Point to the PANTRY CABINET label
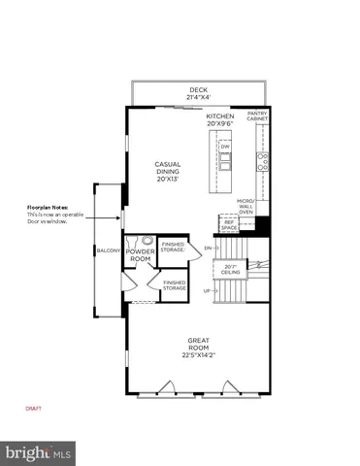point(257,116)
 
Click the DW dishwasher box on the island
point(225,148)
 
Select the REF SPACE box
point(229,224)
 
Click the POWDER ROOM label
point(140,253)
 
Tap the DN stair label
point(208,248)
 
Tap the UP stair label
point(207,290)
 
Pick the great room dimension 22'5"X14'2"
point(198,355)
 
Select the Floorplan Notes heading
point(47,207)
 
